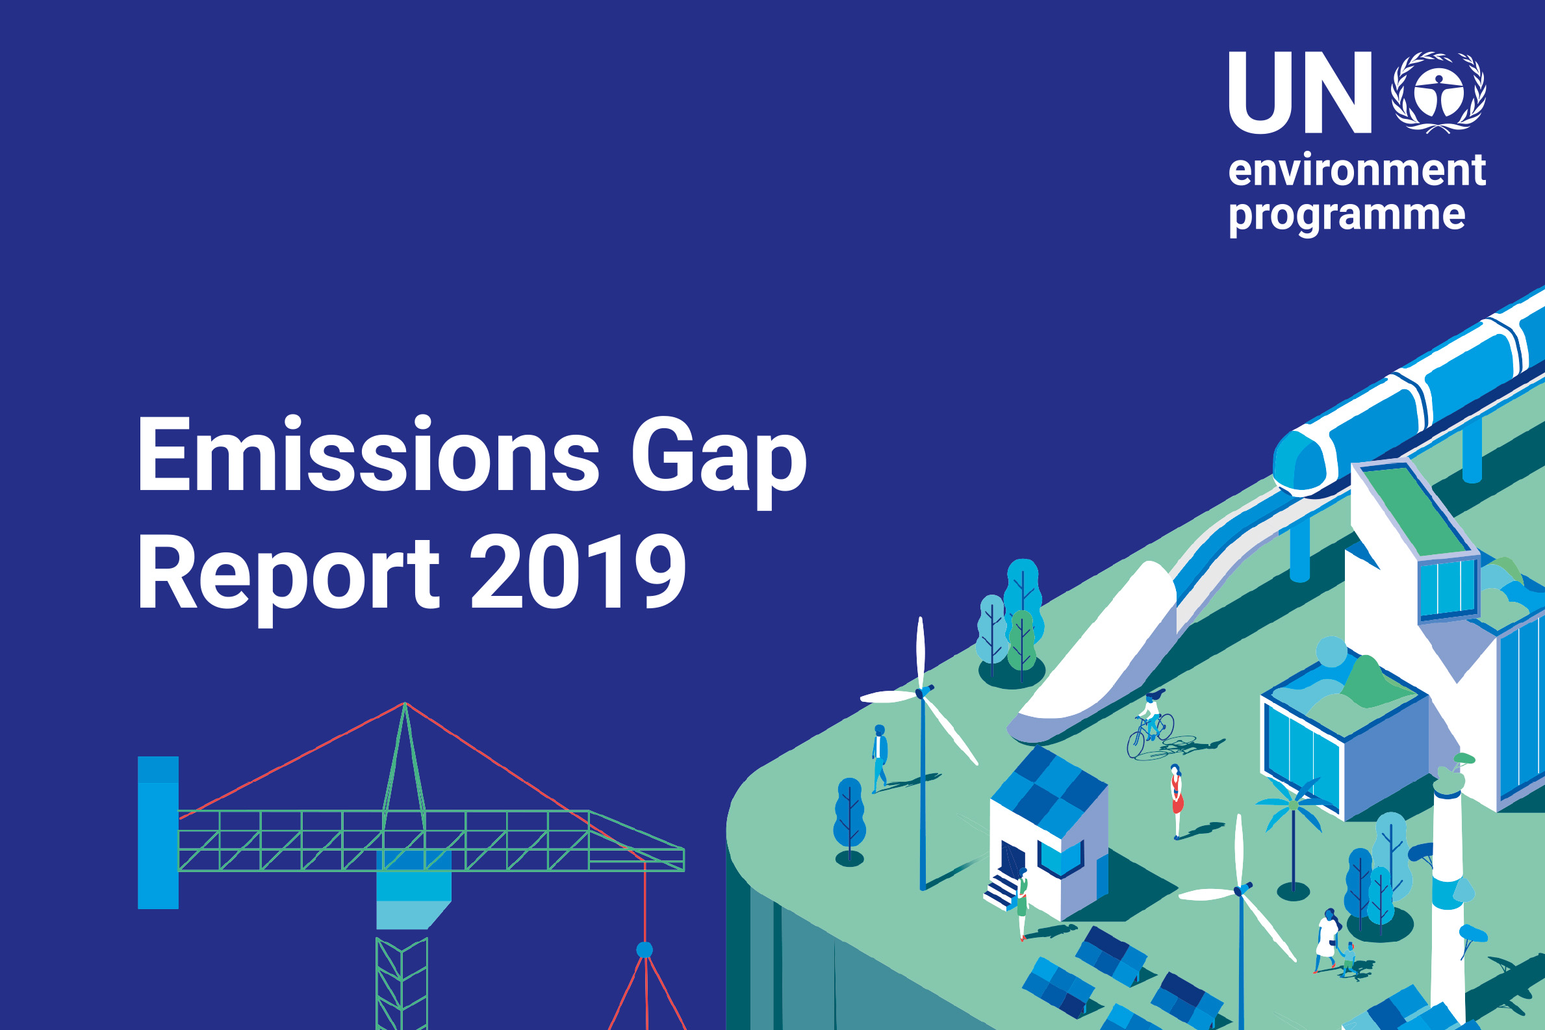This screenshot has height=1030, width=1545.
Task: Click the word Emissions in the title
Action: (x=368, y=454)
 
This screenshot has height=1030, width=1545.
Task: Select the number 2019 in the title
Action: (x=578, y=571)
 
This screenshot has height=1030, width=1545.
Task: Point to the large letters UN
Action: (x=1300, y=93)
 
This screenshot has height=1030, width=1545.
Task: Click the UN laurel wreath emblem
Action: (x=1438, y=93)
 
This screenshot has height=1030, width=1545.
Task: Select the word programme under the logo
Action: (x=1347, y=215)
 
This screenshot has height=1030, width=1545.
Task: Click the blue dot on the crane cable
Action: (x=645, y=950)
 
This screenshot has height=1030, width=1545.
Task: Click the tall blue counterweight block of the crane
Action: (x=159, y=833)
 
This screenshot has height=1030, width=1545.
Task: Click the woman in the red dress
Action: (x=1177, y=802)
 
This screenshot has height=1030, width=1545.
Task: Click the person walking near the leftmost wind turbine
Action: (x=880, y=759)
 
